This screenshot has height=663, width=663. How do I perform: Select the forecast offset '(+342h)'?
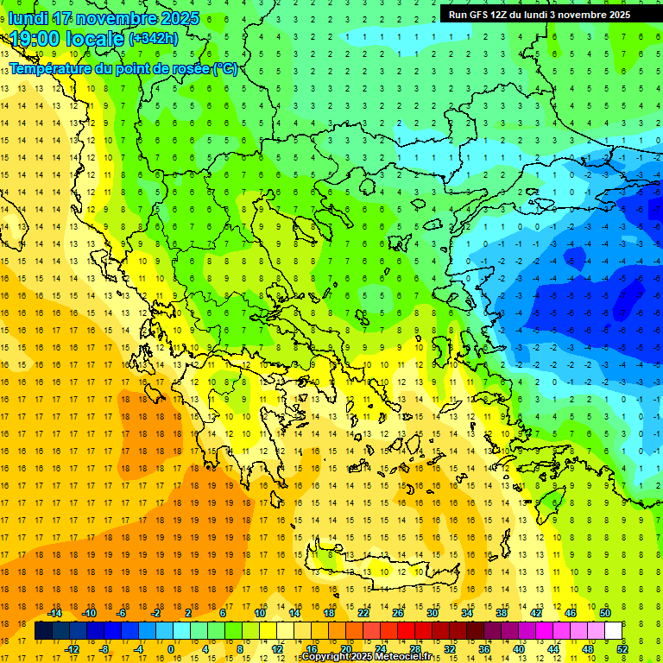[154, 39]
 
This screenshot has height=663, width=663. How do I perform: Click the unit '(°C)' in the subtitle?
[225, 68]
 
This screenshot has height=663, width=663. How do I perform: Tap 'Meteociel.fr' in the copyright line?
[409, 657]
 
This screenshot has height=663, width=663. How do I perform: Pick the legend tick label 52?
[622, 649]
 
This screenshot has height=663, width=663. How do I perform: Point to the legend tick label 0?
[171, 649]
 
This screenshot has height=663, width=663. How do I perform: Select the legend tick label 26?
[398, 613]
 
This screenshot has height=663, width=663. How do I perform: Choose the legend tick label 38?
[501, 613]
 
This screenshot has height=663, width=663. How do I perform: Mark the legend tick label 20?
[346, 649]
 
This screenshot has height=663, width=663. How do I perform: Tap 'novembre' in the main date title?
[116, 18]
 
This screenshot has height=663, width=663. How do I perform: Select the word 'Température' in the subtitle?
[52, 68]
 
